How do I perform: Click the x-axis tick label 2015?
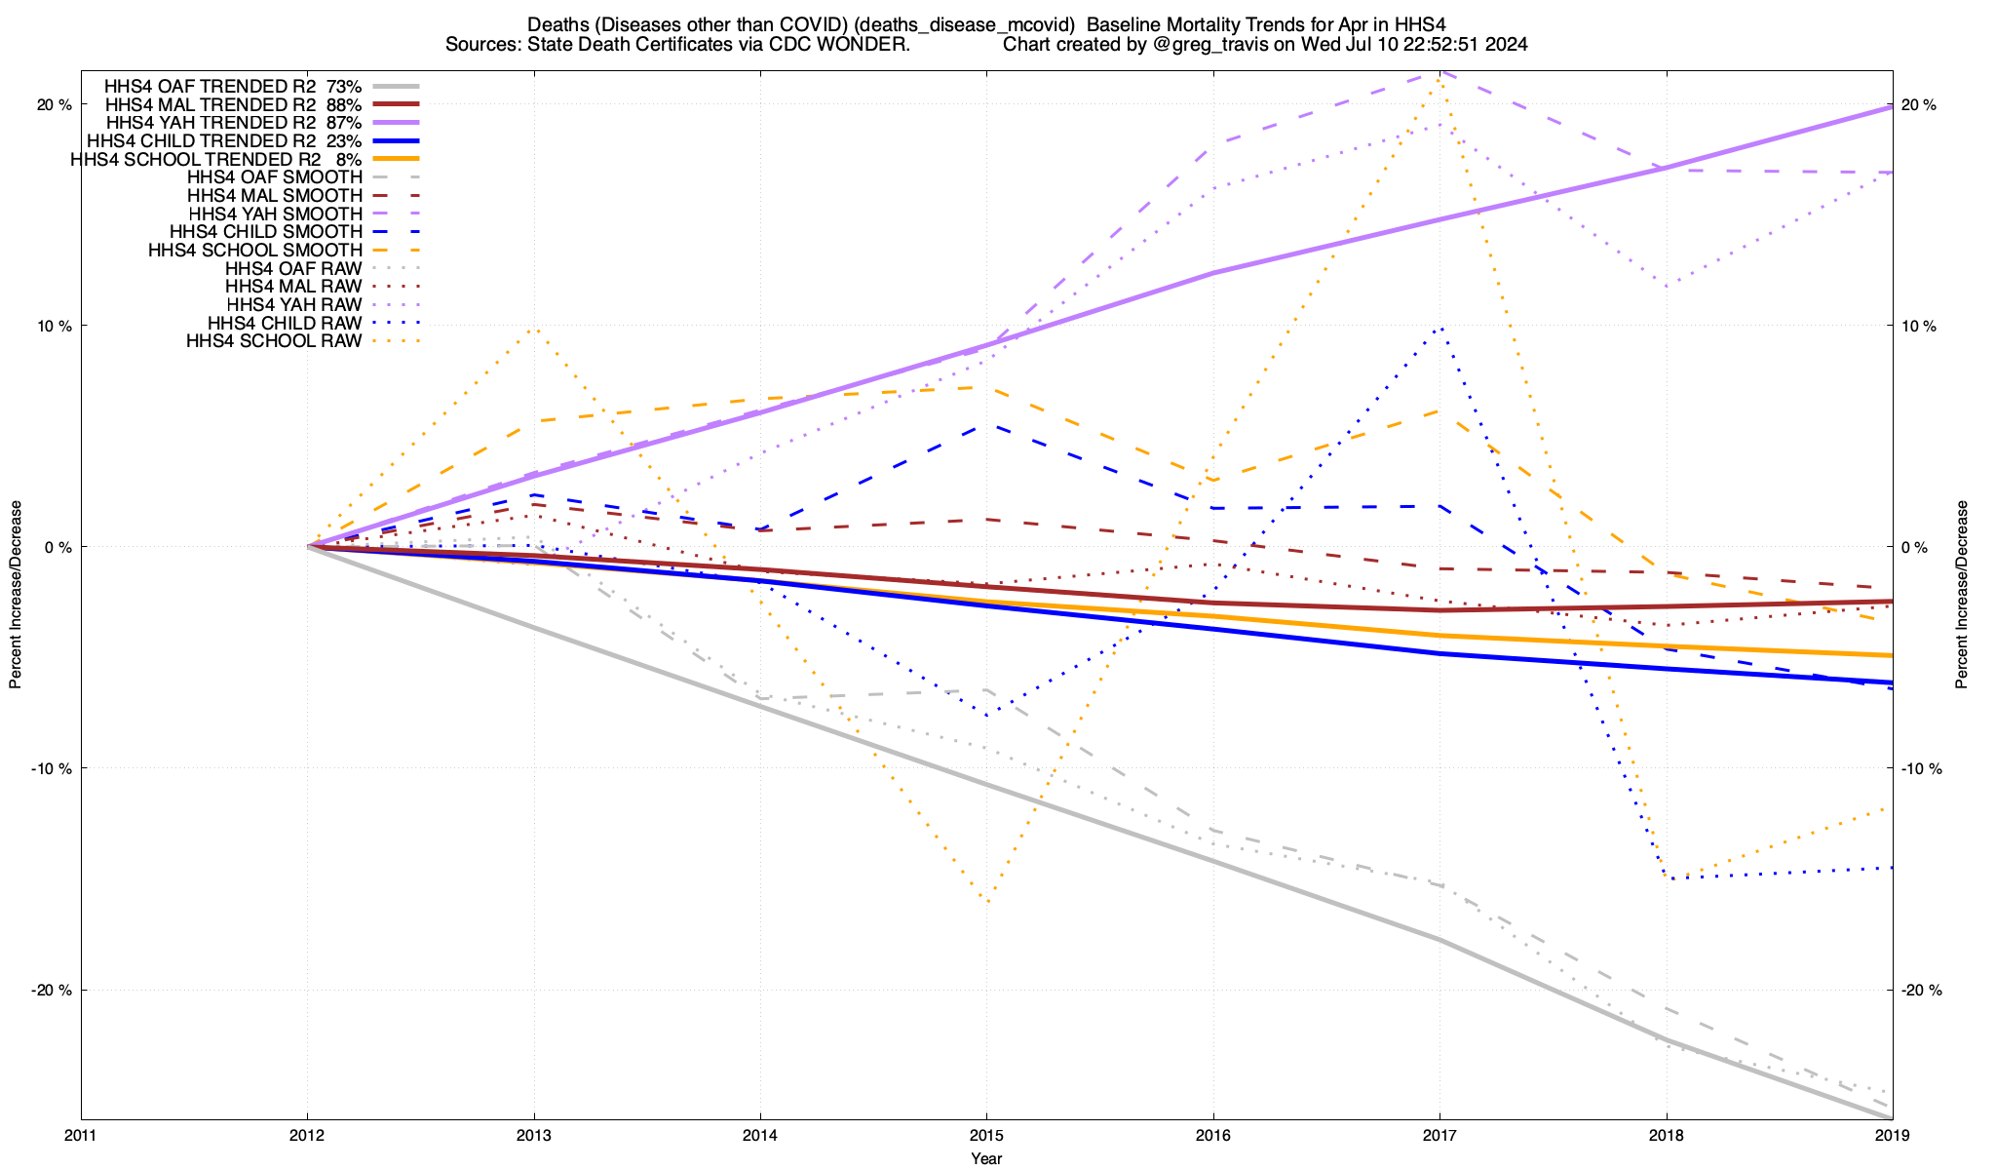(985, 1135)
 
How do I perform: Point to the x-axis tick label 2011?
(81, 1135)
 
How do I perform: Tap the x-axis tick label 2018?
(1666, 1135)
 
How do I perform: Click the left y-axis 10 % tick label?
(55, 326)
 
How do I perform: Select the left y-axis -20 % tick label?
(53, 991)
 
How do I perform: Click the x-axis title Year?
(985, 1158)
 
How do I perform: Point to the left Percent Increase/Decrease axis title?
(16, 595)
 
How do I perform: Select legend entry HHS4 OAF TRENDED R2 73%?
(234, 86)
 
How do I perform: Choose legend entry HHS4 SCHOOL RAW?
(274, 341)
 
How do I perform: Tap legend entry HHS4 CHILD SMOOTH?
(266, 232)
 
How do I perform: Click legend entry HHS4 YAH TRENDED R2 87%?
(234, 123)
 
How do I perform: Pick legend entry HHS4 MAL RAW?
(293, 287)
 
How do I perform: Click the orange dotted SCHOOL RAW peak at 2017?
(1439, 78)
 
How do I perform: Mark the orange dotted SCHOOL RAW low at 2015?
(986, 902)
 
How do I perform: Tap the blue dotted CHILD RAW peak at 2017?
(1439, 328)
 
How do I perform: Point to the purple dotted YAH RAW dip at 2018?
(1667, 287)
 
